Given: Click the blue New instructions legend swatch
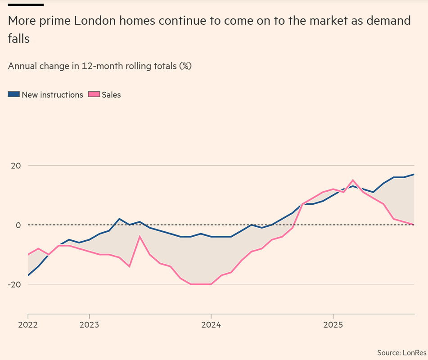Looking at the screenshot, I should click(14, 94).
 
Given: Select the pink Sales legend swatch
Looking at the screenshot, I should click(94, 94).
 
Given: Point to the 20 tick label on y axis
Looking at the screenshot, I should click(16, 166).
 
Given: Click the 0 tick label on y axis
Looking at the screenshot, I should click(18, 225).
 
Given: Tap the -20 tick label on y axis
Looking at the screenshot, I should click(15, 284).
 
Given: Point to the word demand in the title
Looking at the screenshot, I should click(387, 21).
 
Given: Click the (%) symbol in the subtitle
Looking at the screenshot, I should click(185, 66).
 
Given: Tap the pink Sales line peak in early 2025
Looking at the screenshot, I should click(353, 180).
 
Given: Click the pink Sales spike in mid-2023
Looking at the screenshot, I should click(140, 236).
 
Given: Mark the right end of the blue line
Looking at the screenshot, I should click(414, 174).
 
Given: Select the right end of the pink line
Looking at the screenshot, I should click(414, 225).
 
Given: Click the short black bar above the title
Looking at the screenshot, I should click(26, 5).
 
